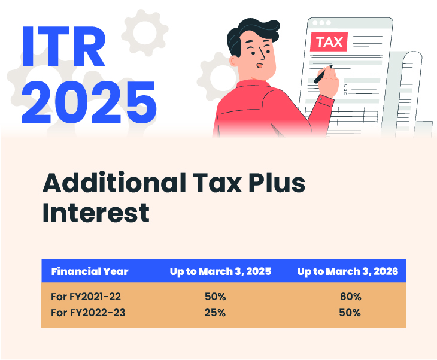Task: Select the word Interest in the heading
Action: click(95, 213)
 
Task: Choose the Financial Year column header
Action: click(90, 271)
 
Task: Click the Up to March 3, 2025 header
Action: click(220, 271)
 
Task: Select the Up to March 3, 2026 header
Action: click(347, 271)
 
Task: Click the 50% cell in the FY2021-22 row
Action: click(214, 297)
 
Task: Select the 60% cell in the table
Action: click(350, 297)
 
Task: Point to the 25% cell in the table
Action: click(214, 312)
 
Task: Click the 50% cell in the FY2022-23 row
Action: click(350, 312)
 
